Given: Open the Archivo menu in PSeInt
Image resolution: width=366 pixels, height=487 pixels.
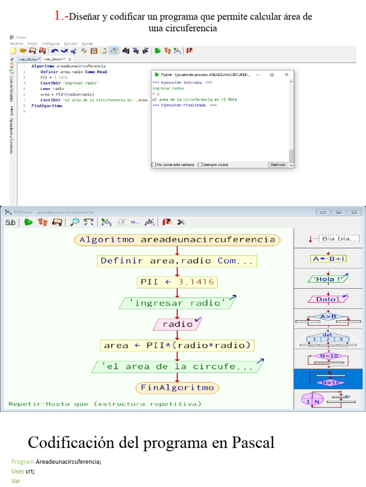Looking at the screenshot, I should click(x=17, y=43).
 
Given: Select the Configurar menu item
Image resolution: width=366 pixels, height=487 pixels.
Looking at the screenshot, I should click(x=50, y=43).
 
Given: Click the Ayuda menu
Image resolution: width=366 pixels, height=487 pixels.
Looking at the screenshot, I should click(x=87, y=43).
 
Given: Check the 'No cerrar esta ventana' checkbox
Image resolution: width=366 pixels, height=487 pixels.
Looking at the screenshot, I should click(x=154, y=165).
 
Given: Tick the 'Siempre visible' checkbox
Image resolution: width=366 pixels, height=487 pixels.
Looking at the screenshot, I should click(x=200, y=165).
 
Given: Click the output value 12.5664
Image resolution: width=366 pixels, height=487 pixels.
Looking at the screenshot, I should click(x=228, y=99).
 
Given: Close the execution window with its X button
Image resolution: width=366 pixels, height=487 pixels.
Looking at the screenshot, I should click(x=286, y=75).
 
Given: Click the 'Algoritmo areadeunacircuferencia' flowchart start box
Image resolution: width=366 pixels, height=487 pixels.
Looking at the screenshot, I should click(x=177, y=240).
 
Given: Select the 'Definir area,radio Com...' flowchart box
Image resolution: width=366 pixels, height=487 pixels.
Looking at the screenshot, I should click(x=177, y=261).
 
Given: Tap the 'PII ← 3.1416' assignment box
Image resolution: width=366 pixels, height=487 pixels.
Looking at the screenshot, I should click(x=177, y=282).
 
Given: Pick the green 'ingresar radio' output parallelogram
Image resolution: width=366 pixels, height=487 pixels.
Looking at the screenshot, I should click(x=177, y=303).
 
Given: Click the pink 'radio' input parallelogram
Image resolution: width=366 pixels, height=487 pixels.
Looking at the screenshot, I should click(x=177, y=324).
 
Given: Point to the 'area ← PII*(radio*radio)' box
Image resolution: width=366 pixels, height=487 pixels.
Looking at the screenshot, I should click(x=177, y=345).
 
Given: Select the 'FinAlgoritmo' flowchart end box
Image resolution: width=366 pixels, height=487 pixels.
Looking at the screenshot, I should click(x=177, y=388).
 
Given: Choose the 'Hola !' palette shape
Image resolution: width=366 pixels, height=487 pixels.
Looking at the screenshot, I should click(x=328, y=279).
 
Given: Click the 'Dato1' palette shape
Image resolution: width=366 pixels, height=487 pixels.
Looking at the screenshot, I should click(x=328, y=299).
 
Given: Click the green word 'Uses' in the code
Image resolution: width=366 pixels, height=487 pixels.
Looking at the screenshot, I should click(x=18, y=471).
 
